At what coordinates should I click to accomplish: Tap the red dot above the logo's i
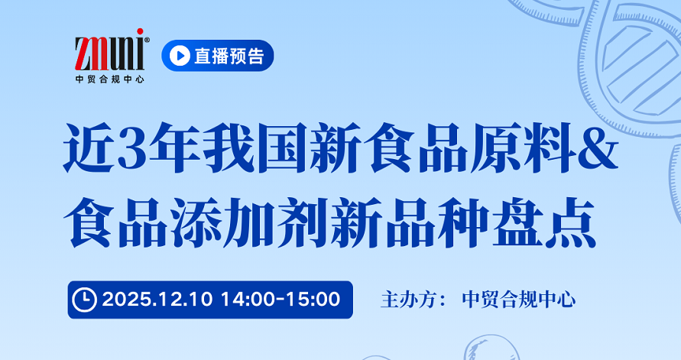tap(140, 31)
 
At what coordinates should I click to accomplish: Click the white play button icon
tap(180, 56)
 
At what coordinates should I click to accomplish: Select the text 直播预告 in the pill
tap(229, 56)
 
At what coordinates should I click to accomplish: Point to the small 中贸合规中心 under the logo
tap(109, 79)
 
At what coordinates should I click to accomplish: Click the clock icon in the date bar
tap(84, 300)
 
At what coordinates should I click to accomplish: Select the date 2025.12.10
tap(157, 300)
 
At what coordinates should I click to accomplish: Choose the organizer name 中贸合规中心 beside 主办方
tap(519, 300)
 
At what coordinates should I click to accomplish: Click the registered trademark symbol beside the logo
tap(147, 40)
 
